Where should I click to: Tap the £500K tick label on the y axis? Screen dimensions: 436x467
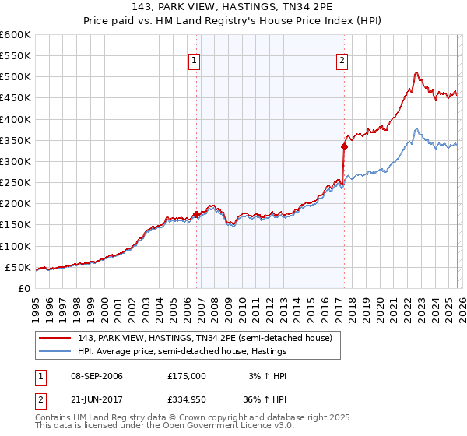click(15, 77)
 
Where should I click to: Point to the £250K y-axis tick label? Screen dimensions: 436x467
click(15, 183)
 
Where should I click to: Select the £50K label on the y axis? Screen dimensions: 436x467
click(18, 268)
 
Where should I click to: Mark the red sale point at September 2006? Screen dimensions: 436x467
click(196, 214)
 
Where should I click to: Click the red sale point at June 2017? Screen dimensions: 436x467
click(344, 146)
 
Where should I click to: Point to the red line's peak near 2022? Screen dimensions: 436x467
click(416, 73)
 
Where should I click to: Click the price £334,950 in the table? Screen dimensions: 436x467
click(188, 399)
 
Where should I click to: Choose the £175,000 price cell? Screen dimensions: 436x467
click(188, 376)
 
